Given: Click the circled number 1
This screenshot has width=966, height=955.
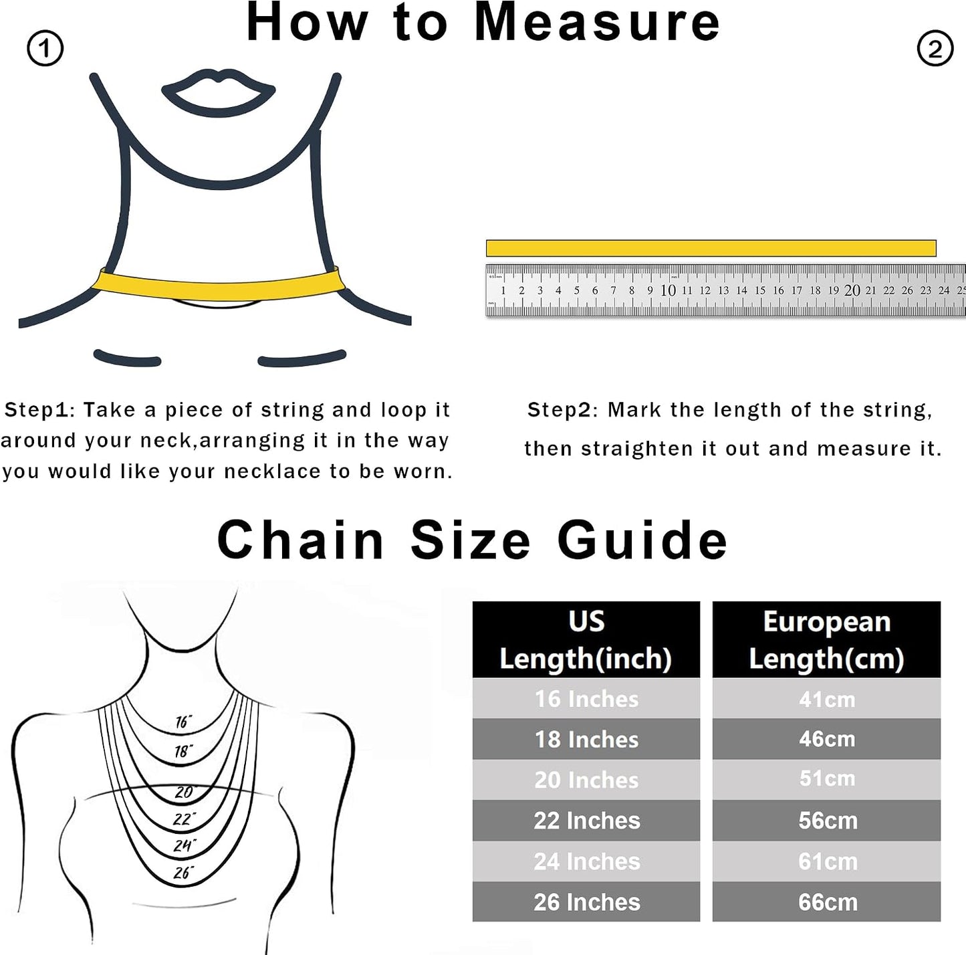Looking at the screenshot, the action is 45,49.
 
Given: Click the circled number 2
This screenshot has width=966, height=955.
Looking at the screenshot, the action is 935,49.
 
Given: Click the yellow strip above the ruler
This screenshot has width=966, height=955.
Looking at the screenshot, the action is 711,248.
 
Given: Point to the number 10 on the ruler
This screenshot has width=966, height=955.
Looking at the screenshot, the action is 668,290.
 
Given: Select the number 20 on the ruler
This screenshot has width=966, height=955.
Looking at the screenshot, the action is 852,290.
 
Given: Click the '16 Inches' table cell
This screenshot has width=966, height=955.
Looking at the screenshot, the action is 586,699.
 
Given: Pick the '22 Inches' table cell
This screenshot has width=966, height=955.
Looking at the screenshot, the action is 586,821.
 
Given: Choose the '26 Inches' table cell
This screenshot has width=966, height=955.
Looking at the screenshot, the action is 586,901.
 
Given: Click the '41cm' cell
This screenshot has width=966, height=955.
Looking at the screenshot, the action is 827,699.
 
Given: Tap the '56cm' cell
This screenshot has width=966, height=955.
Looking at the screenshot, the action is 827,821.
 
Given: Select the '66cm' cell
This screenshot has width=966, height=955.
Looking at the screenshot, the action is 827,901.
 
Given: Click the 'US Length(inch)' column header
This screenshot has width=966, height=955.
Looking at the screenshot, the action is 586,639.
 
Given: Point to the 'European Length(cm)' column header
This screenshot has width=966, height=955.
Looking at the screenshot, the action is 827,639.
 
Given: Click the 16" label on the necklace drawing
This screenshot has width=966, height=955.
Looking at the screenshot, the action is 183,722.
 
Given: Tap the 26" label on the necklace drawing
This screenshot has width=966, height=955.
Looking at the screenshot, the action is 183,873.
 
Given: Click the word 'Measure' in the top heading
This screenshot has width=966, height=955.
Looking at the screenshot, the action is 596,23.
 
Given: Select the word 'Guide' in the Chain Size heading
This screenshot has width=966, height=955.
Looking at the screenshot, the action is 642,540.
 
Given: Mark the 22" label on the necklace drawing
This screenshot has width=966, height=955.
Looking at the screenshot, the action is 184,820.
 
